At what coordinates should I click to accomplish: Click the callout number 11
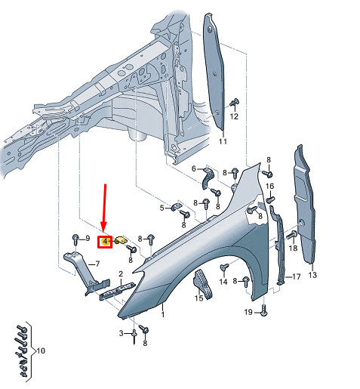click(223, 141)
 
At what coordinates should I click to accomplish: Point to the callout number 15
click(199, 298)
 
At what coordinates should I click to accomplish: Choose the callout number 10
click(41, 351)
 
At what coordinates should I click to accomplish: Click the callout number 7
click(97, 264)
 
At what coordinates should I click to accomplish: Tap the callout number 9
click(87, 239)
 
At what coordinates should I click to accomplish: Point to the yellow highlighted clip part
click(119, 241)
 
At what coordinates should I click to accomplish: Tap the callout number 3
click(121, 333)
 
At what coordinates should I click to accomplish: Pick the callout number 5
click(162, 207)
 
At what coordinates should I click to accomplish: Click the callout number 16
click(269, 187)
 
